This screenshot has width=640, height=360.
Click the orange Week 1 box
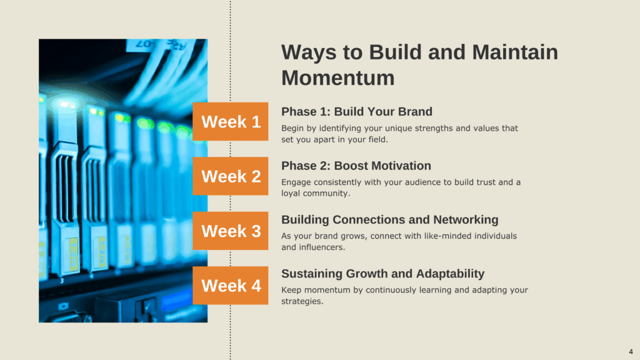230,122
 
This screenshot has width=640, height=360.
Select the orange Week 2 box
230,176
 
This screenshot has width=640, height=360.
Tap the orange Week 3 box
230,231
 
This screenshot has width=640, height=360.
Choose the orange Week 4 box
230,285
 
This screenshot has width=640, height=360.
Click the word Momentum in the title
338,78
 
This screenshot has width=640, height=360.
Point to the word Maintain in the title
515,52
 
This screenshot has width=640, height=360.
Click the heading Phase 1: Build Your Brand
357,111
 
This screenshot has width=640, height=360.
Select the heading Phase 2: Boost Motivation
356,166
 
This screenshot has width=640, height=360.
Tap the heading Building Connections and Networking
390,219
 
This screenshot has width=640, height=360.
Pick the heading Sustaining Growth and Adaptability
383,274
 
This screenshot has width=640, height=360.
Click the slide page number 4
631,351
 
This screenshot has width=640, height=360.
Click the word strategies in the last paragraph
302,302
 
